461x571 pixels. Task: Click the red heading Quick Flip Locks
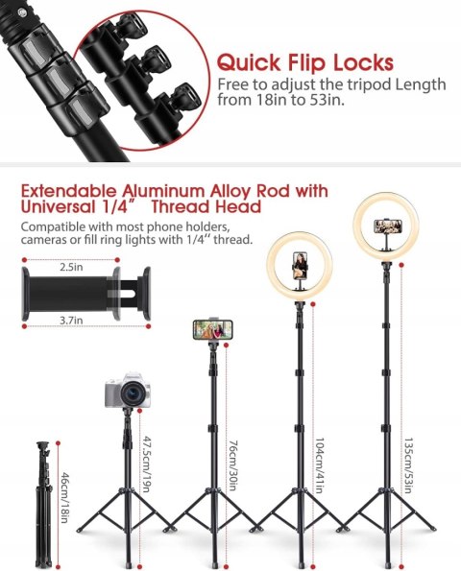tap(305, 62)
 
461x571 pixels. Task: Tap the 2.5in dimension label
tap(71, 267)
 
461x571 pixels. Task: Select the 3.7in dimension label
tap(71, 321)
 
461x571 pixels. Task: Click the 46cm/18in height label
tap(65, 497)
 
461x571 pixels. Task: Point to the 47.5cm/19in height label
tap(146, 464)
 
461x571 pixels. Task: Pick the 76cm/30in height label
tap(233, 465)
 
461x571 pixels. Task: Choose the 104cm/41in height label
tap(319, 465)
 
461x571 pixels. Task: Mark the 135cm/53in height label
tap(408, 465)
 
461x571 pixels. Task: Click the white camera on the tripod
tap(128, 391)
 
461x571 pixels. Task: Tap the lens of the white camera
tap(132, 393)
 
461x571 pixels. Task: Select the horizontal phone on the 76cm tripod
tap(212, 329)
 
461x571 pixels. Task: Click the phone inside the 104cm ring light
tap(300, 266)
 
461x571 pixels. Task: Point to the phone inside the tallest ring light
tap(388, 226)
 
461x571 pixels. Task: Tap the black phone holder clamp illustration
tap(86, 294)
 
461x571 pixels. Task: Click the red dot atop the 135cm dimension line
tap(401, 265)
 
